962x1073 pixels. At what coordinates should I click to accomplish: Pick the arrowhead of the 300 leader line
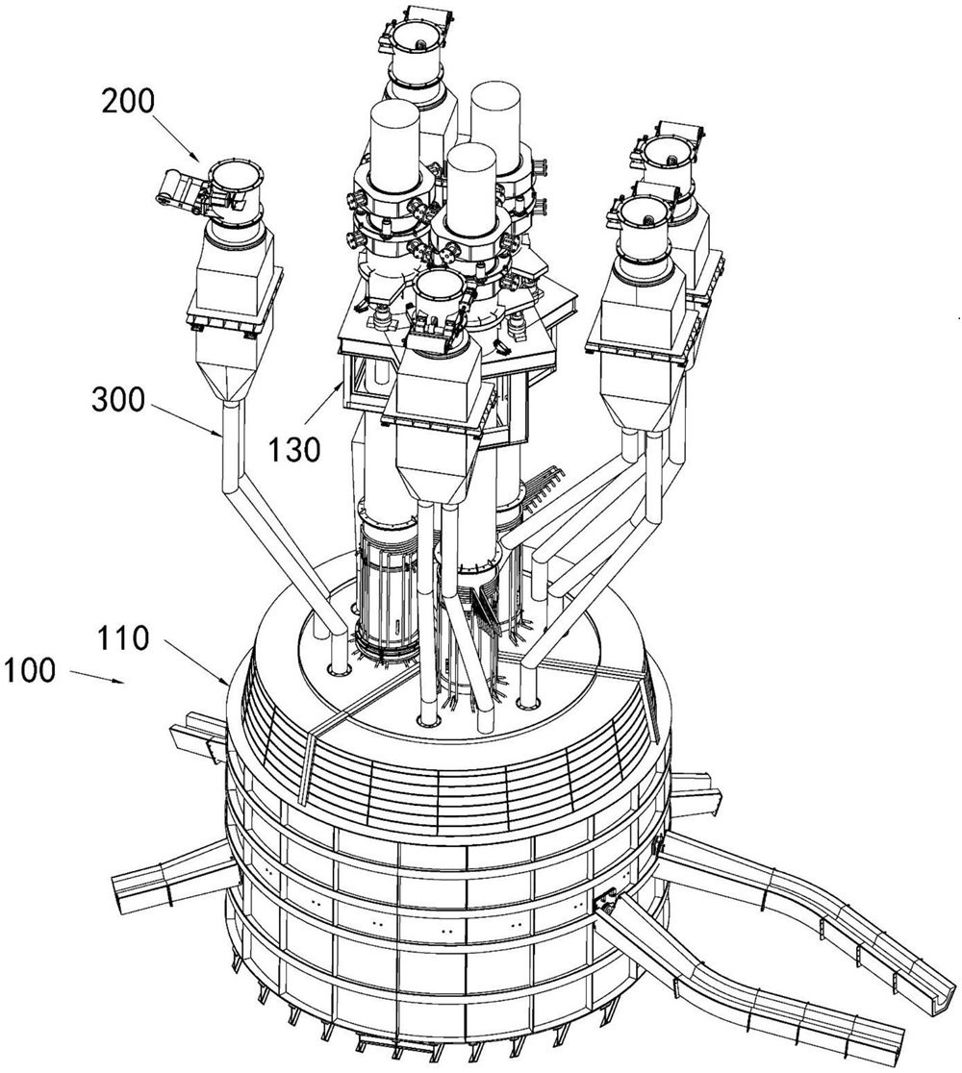click(224, 437)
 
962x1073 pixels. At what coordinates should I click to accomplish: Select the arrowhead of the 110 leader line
click(230, 683)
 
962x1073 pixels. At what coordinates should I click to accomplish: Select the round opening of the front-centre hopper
click(440, 288)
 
